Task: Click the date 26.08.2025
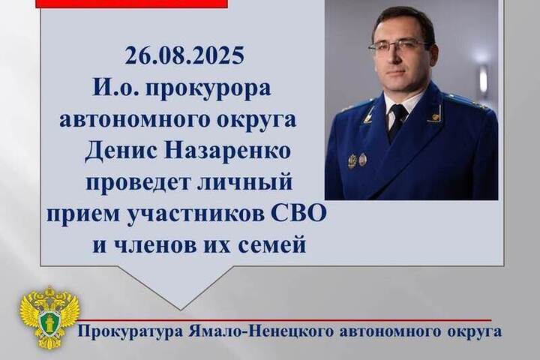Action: [x=184, y=55]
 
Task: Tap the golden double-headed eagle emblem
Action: [x=50, y=317]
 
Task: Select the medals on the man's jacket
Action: [x=358, y=160]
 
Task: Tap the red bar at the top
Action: [x=132, y=4]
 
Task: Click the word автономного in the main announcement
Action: [x=133, y=121]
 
